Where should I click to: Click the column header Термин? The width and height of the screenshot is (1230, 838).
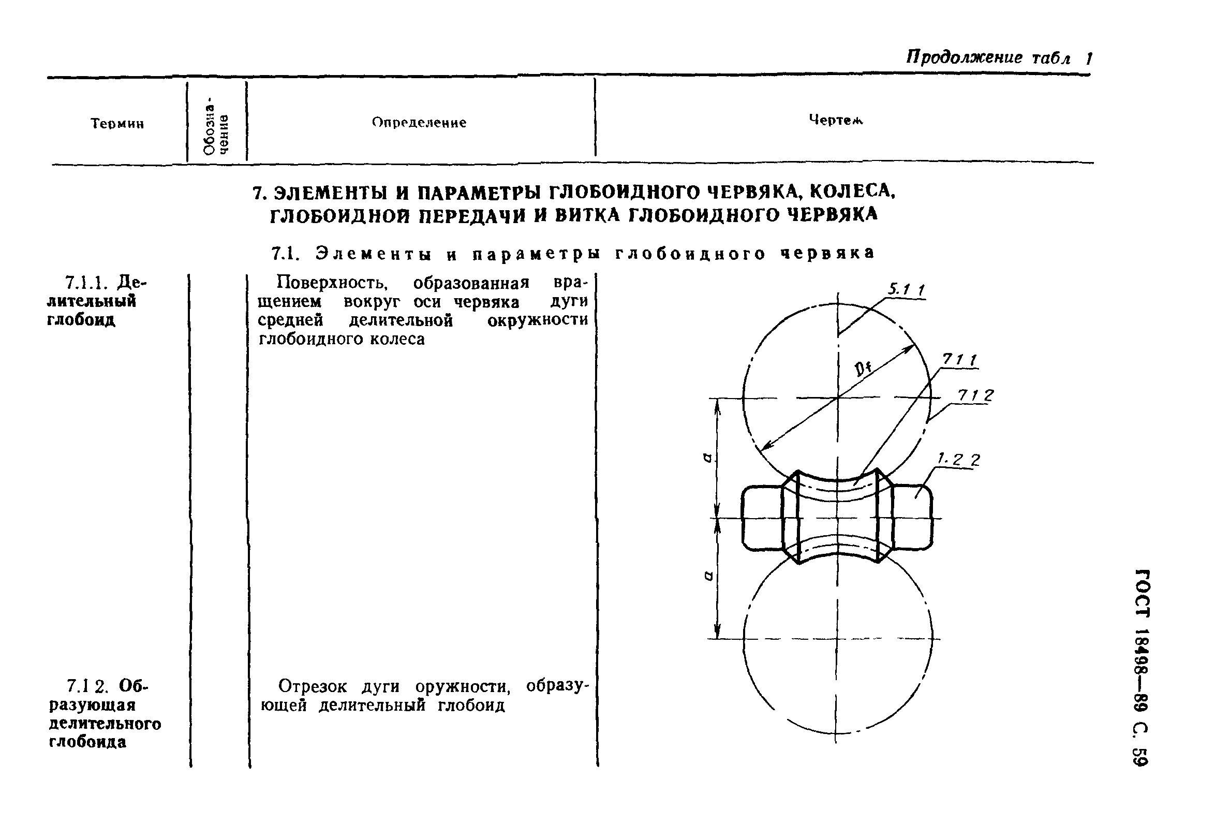click(117, 124)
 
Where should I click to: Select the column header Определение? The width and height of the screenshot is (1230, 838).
click(419, 123)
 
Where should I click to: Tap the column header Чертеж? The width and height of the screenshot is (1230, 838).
click(835, 120)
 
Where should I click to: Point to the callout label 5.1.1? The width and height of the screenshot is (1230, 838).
click(906, 289)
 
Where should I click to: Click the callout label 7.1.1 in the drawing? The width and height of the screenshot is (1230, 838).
click(959, 360)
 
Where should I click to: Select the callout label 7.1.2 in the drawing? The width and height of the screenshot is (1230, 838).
click(975, 395)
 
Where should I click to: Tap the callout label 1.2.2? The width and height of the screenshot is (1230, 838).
click(958, 460)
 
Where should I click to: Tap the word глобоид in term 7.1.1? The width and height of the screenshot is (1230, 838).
click(81, 320)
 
